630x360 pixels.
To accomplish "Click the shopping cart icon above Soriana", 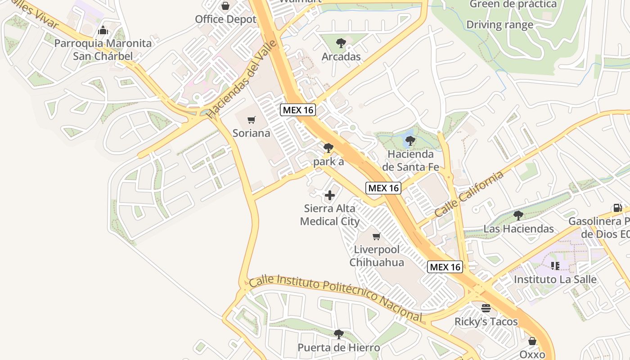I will (252, 120).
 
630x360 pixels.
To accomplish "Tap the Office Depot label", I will (225, 19).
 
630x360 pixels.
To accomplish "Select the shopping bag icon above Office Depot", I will (225, 6).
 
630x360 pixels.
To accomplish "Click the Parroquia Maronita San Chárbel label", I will (103, 50).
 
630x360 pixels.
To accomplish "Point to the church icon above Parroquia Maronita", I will (103, 31).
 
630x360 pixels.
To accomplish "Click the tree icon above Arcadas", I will (341, 43).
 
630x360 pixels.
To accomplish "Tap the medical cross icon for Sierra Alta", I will (330, 195).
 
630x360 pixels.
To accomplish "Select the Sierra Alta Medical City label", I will (330, 215).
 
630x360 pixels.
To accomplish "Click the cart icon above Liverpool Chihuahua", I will (377, 236).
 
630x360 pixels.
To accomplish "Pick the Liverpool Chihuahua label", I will (377, 256).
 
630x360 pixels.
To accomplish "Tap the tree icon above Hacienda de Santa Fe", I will (410, 141).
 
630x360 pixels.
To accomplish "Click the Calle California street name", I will (469, 194).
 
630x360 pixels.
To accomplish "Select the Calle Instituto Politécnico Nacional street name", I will (336, 298).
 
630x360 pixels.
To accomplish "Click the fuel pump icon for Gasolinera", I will (617, 208).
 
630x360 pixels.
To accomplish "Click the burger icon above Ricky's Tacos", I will (486, 308).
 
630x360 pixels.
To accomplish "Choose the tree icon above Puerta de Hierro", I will (339, 334).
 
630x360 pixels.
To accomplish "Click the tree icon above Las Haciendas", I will (518, 215).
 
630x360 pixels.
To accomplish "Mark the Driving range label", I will (499, 25).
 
